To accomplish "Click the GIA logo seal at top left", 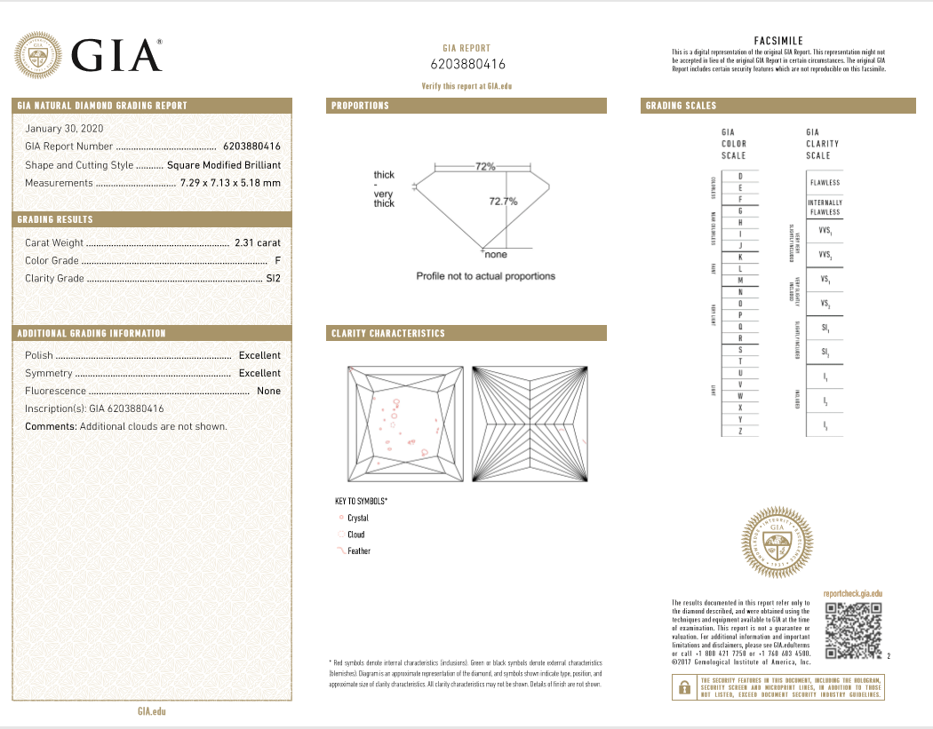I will (37, 56).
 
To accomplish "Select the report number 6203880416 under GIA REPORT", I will (467, 64).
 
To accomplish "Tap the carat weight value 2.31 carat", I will (258, 242).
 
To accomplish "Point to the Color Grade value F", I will (278, 261).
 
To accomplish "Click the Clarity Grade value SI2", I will (272, 279).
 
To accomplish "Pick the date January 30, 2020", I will (64, 129).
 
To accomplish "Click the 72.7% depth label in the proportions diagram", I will (503, 202).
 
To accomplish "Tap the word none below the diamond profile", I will (496, 255).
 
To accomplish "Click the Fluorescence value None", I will (268, 391).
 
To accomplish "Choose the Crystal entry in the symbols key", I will (357, 518).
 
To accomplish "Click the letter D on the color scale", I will (740, 177).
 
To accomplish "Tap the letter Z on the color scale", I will (740, 431).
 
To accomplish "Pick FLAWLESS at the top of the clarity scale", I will (825, 183).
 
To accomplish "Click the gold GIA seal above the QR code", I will (777, 543).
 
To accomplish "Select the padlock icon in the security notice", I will (684, 687).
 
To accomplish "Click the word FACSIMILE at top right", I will (778, 41).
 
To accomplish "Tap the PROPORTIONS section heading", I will (361, 106).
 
